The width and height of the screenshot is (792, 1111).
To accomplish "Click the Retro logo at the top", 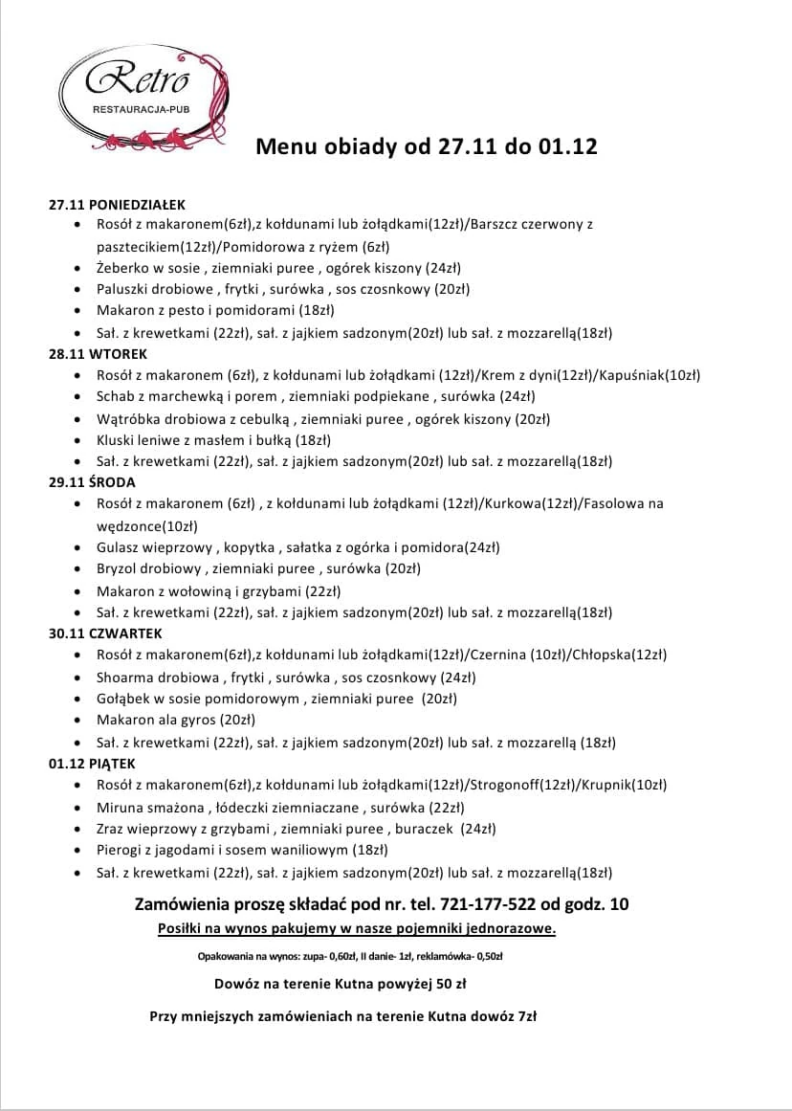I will click(143, 97).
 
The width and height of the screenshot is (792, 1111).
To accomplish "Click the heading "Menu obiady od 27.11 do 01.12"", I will click(427, 147).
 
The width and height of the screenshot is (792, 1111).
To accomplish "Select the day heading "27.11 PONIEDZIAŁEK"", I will click(117, 204).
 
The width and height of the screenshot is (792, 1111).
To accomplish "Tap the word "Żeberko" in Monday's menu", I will click(122, 268).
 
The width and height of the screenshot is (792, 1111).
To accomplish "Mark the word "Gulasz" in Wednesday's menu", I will click(119, 547).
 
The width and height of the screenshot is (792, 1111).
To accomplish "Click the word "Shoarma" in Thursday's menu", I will click(124, 678).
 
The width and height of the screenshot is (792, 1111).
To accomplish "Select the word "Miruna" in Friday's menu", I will click(119, 807).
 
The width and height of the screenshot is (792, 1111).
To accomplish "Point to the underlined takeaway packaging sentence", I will click(357, 928).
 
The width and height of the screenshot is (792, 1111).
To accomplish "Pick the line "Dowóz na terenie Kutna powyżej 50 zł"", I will click(341, 983).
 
